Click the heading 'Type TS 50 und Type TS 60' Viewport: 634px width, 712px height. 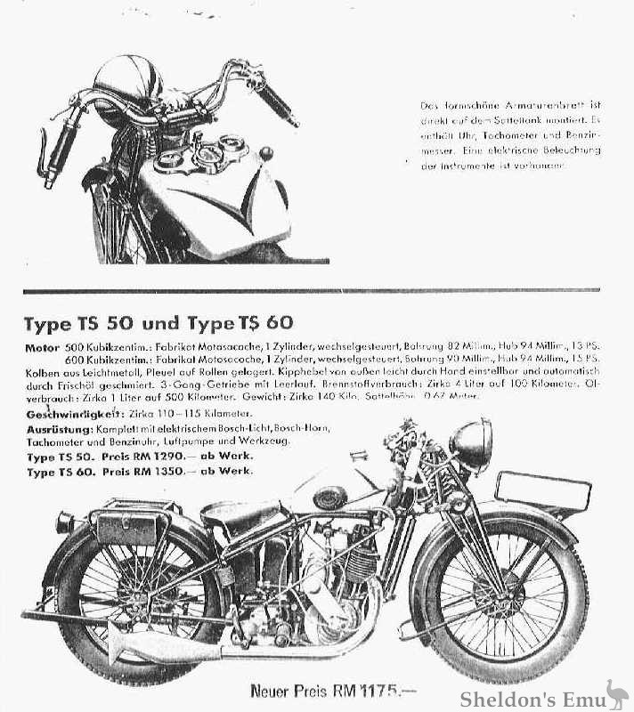(158, 323)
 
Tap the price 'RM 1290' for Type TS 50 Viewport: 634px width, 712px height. (170, 457)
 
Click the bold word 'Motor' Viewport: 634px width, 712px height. (41, 346)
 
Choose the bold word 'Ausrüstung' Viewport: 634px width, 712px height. (59, 429)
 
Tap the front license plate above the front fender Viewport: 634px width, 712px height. (543, 490)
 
